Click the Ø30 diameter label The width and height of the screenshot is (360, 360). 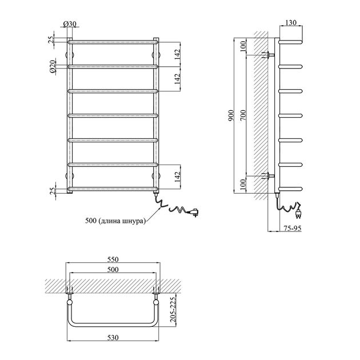click(x=70, y=23)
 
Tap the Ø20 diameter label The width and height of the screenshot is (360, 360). click(x=53, y=66)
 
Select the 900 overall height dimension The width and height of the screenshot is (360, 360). click(x=231, y=115)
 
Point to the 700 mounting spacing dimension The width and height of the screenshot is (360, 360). click(x=243, y=115)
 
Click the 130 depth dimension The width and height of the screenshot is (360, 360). click(x=291, y=22)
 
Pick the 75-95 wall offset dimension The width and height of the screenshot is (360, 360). click(x=292, y=228)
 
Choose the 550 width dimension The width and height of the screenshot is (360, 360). click(x=113, y=259)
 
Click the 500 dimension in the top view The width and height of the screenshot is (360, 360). click(x=113, y=269)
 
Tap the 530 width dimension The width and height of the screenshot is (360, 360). click(x=113, y=338)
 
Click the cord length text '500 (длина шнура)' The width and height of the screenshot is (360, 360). click(x=115, y=221)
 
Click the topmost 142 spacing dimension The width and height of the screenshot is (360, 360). click(x=178, y=54)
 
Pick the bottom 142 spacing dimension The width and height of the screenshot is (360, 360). click(x=178, y=177)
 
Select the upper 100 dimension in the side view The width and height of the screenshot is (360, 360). click(x=243, y=46)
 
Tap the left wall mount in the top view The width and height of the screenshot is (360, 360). click(x=70, y=296)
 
